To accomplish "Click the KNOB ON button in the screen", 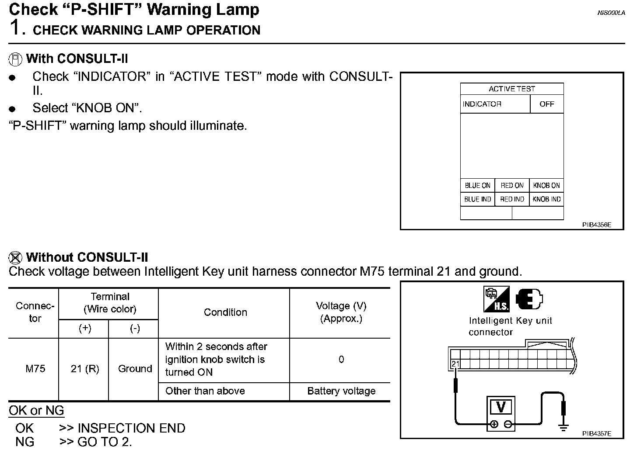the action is click(x=546, y=185).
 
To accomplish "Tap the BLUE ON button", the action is click(x=477, y=185).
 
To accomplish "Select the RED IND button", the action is click(x=512, y=199).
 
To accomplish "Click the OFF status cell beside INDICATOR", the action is click(x=546, y=104).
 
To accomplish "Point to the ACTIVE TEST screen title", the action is click(x=512, y=89).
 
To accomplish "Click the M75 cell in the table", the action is click(x=35, y=369).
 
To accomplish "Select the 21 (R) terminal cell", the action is click(x=85, y=369).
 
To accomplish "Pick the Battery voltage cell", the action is click(x=341, y=391).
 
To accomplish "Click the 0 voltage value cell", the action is click(x=341, y=360).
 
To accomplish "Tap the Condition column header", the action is click(x=225, y=312).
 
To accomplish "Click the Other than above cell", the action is click(x=205, y=391).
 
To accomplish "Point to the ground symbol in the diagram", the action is click(x=563, y=427).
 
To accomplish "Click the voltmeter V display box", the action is click(x=501, y=408).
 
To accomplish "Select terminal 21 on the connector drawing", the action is click(x=455, y=364).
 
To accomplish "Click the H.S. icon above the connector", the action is click(x=496, y=299).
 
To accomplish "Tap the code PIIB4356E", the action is click(x=596, y=225).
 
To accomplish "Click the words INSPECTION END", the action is click(x=131, y=428).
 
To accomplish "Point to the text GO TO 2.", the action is click(x=104, y=442).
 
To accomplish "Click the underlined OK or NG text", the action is click(x=36, y=411).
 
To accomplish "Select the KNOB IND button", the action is click(x=546, y=199).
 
